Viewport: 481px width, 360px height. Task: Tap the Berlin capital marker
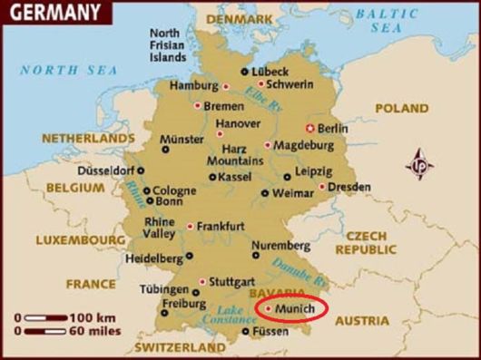(x=310, y=127)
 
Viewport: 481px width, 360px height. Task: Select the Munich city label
(x=295, y=310)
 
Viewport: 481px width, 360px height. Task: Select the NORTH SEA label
(x=57, y=70)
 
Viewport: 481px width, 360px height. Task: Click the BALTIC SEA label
(x=387, y=21)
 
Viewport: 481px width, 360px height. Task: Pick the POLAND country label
(x=401, y=108)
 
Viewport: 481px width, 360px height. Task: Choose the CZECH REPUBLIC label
(x=367, y=242)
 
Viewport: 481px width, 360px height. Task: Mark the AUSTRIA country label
(x=361, y=321)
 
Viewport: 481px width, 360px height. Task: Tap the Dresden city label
(x=348, y=187)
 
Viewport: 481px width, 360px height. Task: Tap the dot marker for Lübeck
(x=243, y=72)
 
